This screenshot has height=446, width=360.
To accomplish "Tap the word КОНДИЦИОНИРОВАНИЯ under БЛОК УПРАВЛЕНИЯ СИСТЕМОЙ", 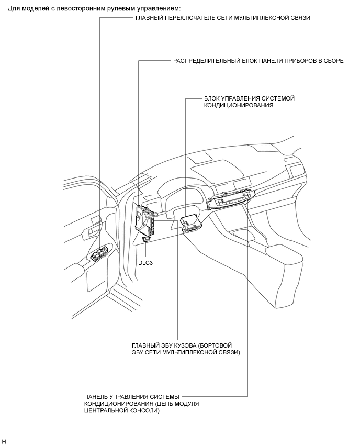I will pos(238,105).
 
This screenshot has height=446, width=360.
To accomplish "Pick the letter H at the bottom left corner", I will pos(4,442).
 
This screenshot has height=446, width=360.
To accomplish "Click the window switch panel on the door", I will pos(100,254).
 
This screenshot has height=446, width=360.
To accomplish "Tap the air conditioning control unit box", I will pos(189,222).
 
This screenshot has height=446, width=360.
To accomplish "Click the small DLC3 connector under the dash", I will pos(146,239).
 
